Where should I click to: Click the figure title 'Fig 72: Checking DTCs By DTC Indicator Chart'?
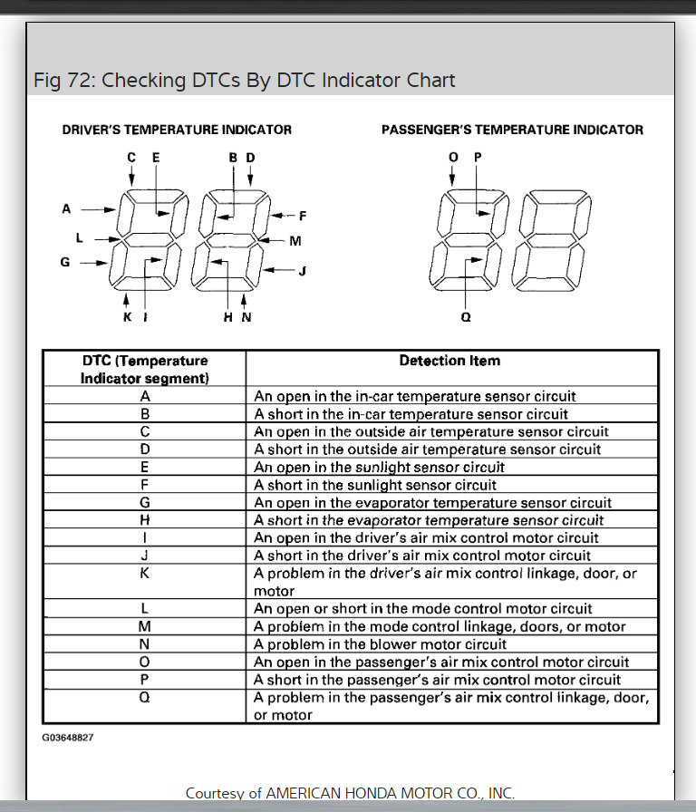tap(244, 80)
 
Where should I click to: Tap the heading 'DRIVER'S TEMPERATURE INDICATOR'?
tap(177, 130)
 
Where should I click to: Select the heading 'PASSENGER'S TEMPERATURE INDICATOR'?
tap(512, 130)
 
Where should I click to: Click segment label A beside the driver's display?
tap(66, 208)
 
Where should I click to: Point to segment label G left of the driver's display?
tap(65, 263)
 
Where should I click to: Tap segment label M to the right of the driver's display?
tap(295, 241)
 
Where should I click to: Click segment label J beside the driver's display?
tap(303, 270)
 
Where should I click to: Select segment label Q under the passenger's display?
tap(466, 317)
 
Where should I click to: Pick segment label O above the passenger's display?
tap(454, 157)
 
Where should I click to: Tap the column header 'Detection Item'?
tap(449, 361)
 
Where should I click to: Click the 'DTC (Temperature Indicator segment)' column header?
tap(145, 369)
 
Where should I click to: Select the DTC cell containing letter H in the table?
tap(145, 520)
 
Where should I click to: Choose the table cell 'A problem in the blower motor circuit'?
tap(381, 644)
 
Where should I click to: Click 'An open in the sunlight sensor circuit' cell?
tap(379, 467)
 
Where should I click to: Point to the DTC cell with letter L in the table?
tap(145, 608)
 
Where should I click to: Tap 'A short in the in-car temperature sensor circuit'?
tap(411, 414)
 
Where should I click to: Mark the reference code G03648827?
tap(68, 738)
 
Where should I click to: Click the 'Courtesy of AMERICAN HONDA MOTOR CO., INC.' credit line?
tap(350, 793)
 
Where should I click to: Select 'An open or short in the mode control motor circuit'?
tap(423, 609)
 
